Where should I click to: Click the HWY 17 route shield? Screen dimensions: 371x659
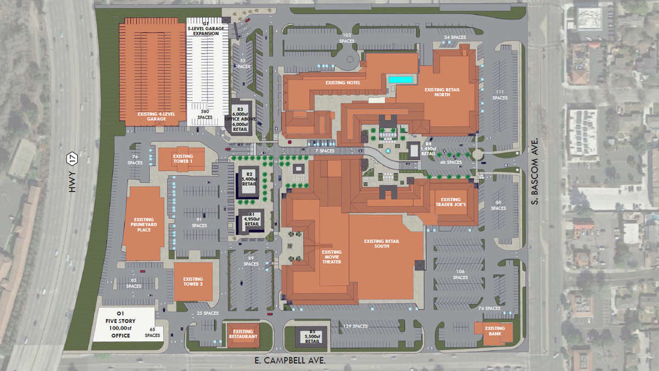(70, 159)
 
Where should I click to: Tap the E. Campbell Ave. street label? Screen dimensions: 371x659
(291, 361)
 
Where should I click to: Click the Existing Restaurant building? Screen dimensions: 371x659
(243, 335)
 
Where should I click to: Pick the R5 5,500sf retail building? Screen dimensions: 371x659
(312, 336)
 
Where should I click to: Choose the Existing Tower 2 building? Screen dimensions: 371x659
(193, 282)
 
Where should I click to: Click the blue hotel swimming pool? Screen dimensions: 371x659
(401, 80)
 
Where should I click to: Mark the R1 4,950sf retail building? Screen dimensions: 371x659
(252, 221)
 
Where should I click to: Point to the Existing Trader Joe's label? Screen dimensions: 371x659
(451, 202)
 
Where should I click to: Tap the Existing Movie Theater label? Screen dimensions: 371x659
(332, 257)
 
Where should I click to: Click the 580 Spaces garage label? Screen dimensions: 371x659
(204, 114)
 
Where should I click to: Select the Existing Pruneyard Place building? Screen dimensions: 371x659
(144, 224)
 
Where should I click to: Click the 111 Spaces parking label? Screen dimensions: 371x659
(499, 95)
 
